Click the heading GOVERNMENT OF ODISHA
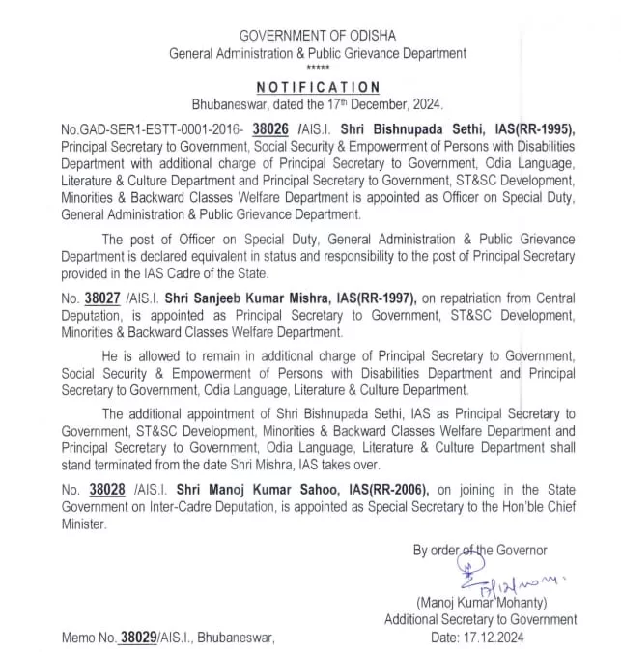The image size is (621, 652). pyautogui.click(x=317, y=36)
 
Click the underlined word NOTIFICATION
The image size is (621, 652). pyautogui.click(x=317, y=87)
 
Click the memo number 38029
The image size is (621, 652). pyautogui.click(x=138, y=637)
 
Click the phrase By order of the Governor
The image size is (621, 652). pyautogui.click(x=480, y=550)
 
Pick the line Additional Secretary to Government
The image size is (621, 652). pyautogui.click(x=480, y=619)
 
